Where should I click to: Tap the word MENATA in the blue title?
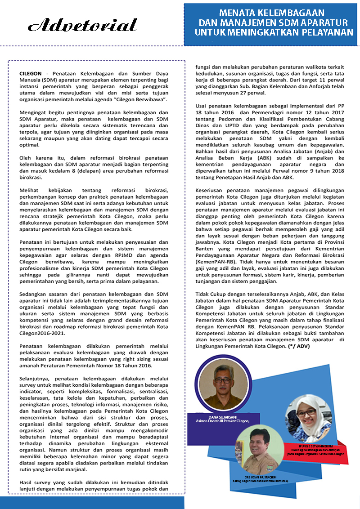click(x=245, y=13)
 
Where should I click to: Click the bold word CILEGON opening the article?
click(x=31, y=73)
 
